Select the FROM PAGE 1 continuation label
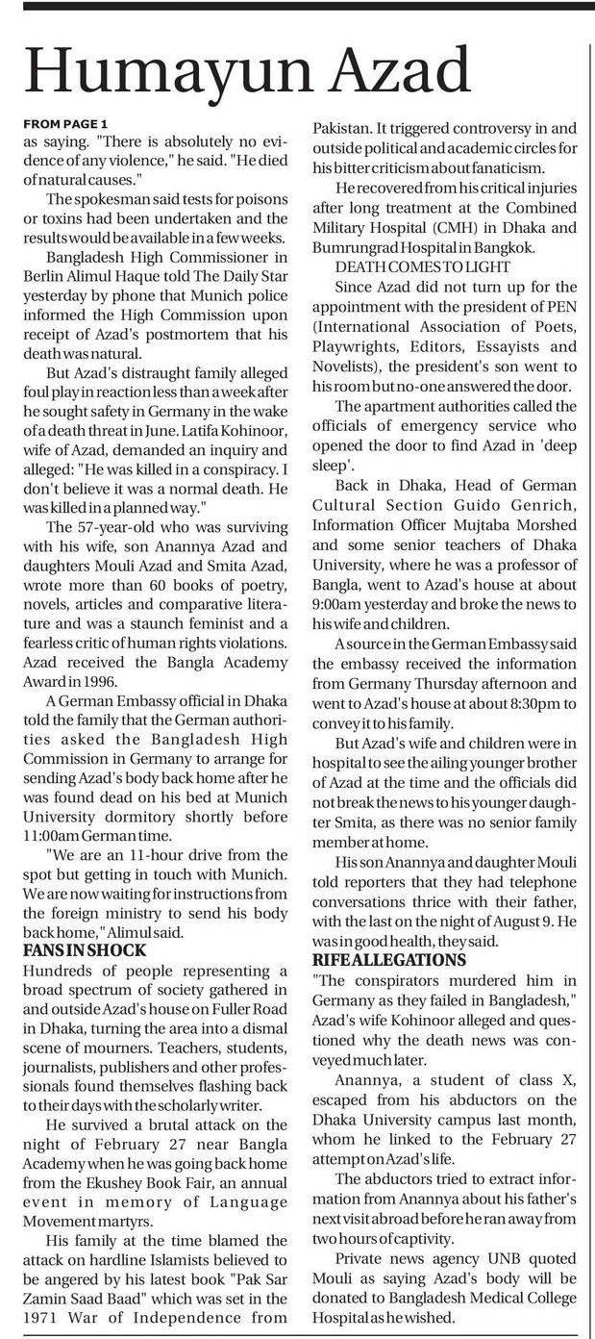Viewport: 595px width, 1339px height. [64, 123]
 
